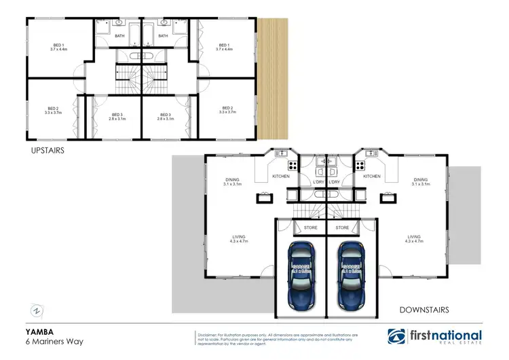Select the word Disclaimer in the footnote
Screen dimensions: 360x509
210,334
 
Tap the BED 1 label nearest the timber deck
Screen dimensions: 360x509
225,47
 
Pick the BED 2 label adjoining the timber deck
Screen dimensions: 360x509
227,110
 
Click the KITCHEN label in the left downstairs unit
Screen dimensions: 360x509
281,177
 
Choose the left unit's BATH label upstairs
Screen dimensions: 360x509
119,36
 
